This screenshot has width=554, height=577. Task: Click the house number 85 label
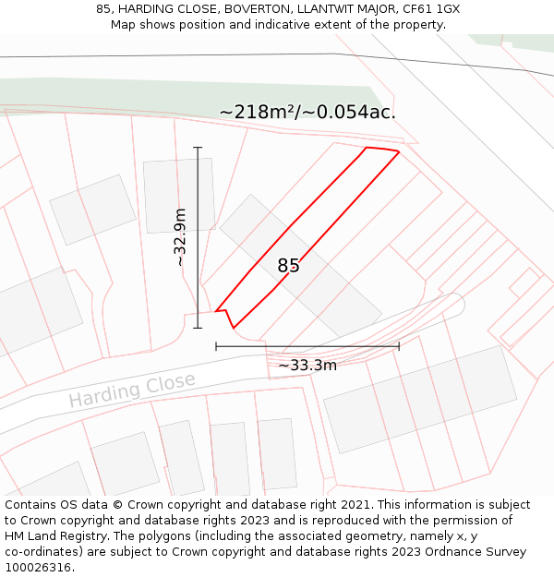pyautogui.click(x=288, y=266)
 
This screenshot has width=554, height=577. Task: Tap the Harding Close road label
pyautogui.click(x=132, y=390)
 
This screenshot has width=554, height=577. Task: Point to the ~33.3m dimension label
pyautogui.click(x=307, y=366)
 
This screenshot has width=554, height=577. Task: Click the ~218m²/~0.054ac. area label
pyautogui.click(x=307, y=113)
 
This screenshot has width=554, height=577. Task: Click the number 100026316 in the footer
pyautogui.click(x=38, y=568)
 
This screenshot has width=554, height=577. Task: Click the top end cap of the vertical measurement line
pyautogui.click(x=198, y=147)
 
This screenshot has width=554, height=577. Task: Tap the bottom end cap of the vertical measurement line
pyautogui.click(x=198, y=328)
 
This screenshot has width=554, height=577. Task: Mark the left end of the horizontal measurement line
pyautogui.click(x=216, y=346)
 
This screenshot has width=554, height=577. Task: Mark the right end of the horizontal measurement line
pyautogui.click(x=399, y=346)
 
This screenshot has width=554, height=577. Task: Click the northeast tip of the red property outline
pyautogui.click(x=399, y=151)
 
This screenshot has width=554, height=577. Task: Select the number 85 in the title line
pyautogui.click(x=103, y=9)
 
